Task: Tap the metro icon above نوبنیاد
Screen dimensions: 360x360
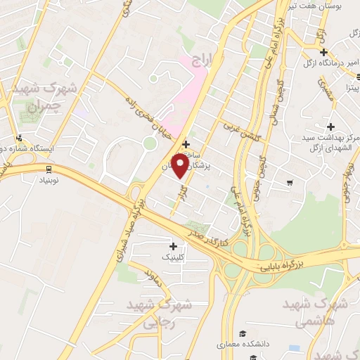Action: coord(49,168)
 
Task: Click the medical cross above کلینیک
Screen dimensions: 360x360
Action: coord(173,245)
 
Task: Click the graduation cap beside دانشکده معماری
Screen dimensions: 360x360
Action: coord(243,332)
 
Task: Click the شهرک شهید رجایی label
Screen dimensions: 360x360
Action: coord(150,314)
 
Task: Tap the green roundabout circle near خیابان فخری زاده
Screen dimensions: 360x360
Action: coord(149,143)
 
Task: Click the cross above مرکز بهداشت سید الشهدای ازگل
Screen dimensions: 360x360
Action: coord(330,124)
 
